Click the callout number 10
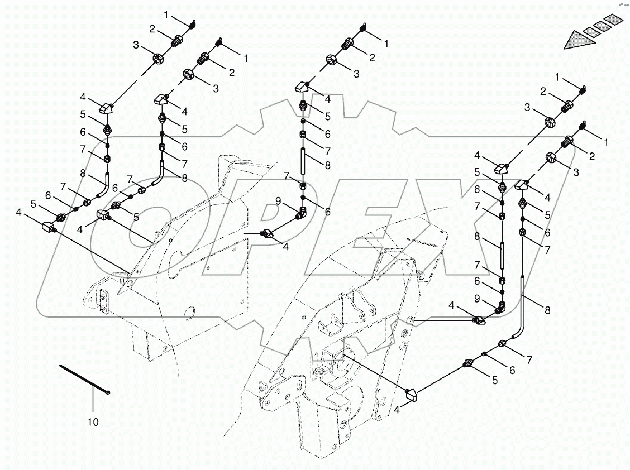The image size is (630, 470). (x=93, y=422)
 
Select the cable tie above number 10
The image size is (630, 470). (x=84, y=379)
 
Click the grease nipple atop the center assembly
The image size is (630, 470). (x=363, y=28)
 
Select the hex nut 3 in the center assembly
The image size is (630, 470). (x=331, y=60)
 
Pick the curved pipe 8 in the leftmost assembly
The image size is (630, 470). (x=103, y=186)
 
